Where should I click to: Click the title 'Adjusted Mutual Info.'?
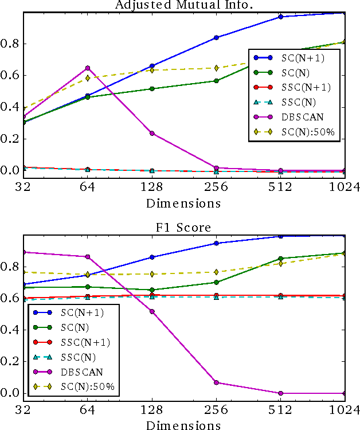click(179, 5)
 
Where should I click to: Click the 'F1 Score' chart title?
click(179, 228)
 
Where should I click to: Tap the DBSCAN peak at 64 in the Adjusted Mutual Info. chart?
click(87, 68)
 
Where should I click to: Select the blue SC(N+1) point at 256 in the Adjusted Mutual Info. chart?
click(216, 37)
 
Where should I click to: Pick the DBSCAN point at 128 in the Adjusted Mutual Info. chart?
click(152, 133)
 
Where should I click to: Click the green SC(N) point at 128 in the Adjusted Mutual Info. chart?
click(152, 89)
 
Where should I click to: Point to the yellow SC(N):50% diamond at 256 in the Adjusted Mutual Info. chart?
click(216, 68)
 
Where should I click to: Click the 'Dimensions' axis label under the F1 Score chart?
click(183, 425)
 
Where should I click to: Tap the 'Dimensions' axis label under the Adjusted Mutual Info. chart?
click(183, 203)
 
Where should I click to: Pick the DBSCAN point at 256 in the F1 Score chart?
click(216, 382)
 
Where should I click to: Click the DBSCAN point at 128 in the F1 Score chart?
click(152, 311)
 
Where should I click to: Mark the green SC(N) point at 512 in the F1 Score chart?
click(280, 259)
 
